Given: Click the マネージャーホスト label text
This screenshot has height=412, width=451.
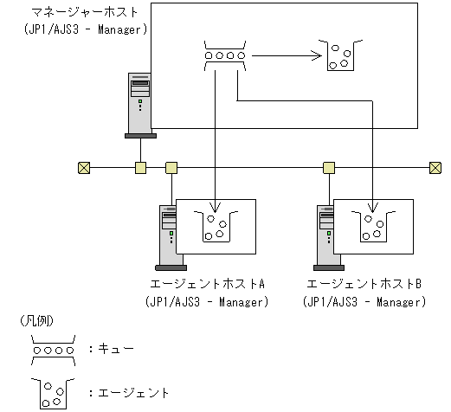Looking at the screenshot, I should [x=77, y=13].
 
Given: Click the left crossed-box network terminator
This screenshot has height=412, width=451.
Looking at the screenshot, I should [x=84, y=167].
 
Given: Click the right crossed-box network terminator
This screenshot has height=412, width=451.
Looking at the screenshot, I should [x=435, y=167].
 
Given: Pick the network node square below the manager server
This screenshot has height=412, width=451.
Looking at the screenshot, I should [x=139, y=167].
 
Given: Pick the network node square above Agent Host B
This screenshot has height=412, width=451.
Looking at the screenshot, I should [x=329, y=167].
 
